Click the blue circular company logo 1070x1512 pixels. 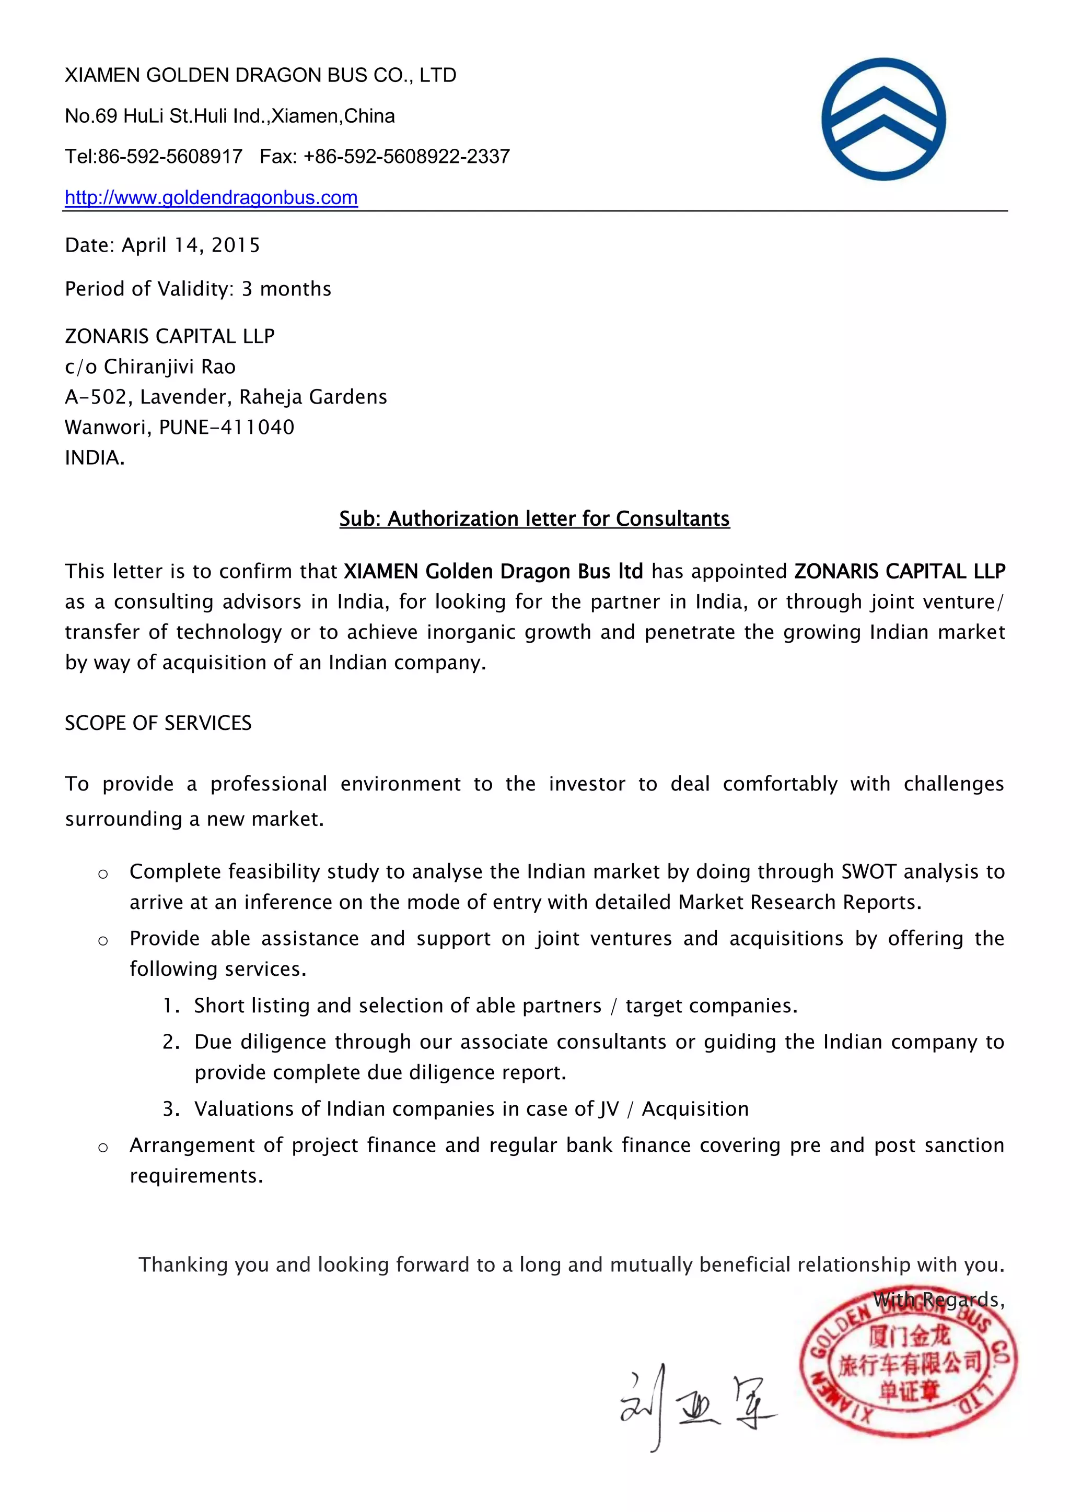[x=883, y=119]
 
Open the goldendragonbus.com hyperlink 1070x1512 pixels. [x=211, y=197]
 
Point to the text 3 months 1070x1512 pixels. [x=286, y=289]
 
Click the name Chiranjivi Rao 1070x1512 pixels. [x=169, y=367]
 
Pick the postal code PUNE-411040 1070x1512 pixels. [x=227, y=428]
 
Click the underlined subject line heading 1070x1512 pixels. [x=534, y=519]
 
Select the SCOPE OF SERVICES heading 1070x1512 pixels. [x=158, y=723]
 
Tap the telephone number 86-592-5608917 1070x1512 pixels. [x=170, y=157]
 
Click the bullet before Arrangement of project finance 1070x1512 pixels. [x=103, y=1148]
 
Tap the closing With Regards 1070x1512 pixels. [x=938, y=1300]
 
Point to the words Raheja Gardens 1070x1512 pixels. [x=313, y=397]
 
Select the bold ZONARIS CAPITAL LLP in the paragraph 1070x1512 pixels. [x=899, y=572]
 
